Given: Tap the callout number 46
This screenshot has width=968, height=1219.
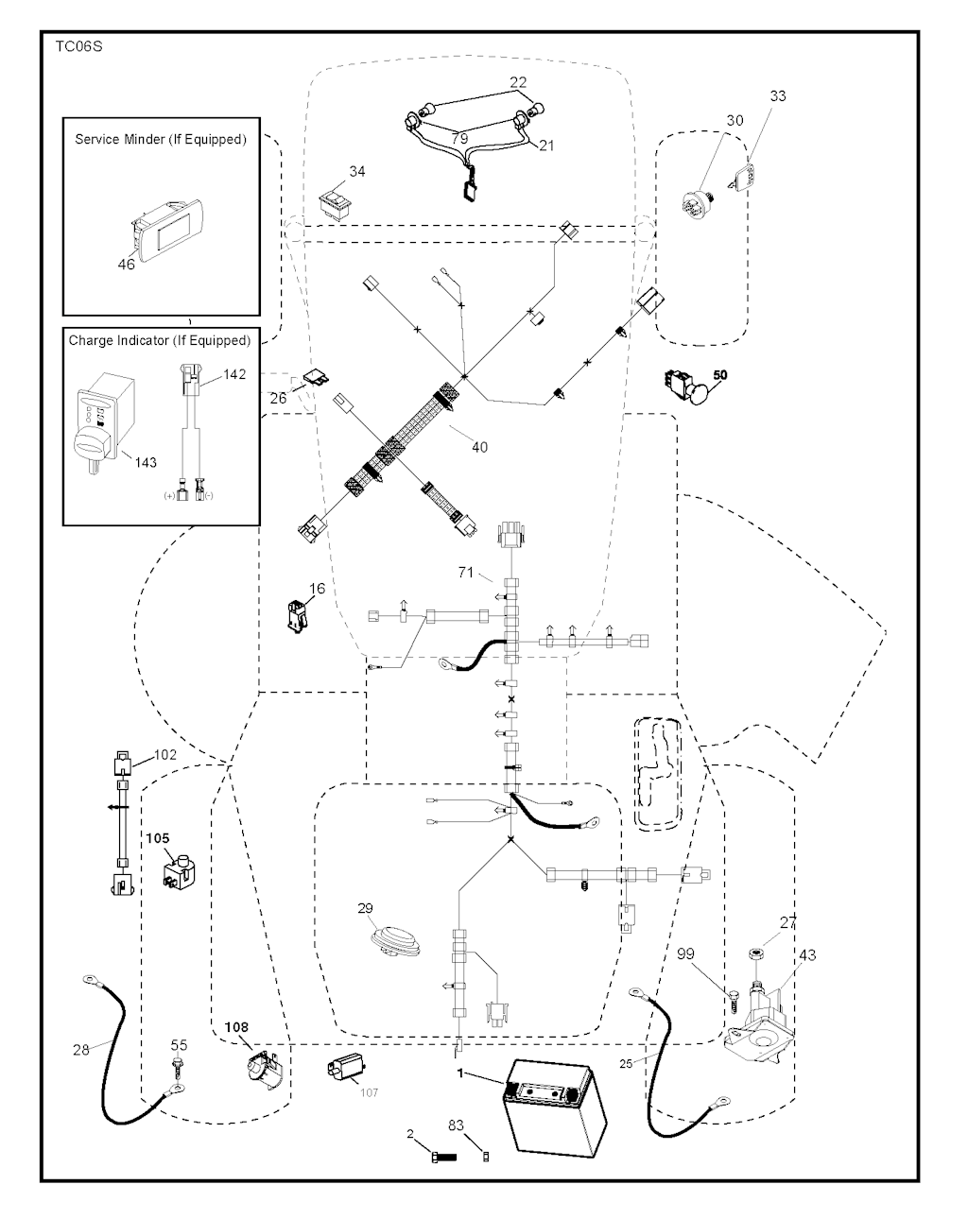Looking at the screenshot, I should [126, 265].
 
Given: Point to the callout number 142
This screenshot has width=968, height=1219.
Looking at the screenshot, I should [234, 374].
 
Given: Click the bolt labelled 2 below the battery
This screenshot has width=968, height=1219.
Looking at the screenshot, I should [441, 1156].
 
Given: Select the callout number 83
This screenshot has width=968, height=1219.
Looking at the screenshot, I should [456, 1125].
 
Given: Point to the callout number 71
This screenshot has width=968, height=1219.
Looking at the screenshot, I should [465, 573].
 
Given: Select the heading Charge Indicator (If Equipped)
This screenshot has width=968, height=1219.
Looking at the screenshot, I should [160, 340].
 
